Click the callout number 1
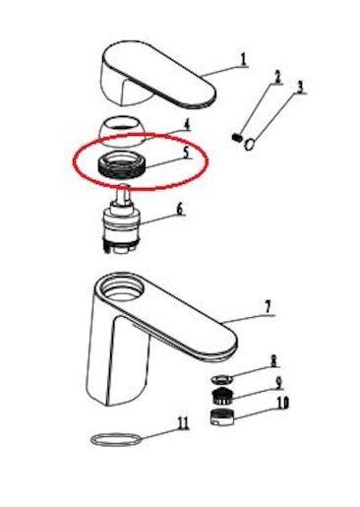pyautogui.click(x=244, y=59)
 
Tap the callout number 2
pyautogui.click(x=277, y=78)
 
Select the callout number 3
pyautogui.click(x=300, y=87)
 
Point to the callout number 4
pyautogui.click(x=187, y=124)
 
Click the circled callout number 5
pyautogui.click(x=186, y=153)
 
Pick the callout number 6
pyautogui.click(x=180, y=209)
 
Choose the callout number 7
pyautogui.click(x=268, y=307)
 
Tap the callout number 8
pyautogui.click(x=273, y=361)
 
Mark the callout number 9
pyautogui.click(x=278, y=383)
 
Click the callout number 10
pyautogui.click(x=282, y=403)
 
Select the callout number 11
pyautogui.click(x=183, y=423)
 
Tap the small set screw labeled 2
pyautogui.click(x=236, y=137)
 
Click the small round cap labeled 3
pyautogui.click(x=250, y=145)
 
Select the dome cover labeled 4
pyautogui.click(x=122, y=131)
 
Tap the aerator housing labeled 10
pyautogui.click(x=222, y=417)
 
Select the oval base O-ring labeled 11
pyautogui.click(x=116, y=439)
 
